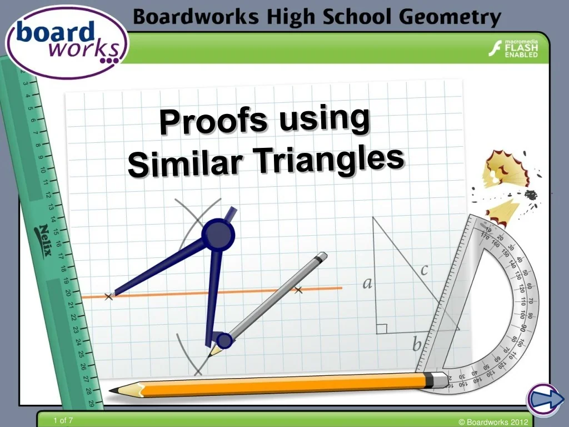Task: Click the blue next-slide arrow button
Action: click(542, 400)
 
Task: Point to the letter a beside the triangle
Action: click(367, 284)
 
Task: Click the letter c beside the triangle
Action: click(425, 270)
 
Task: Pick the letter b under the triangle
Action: click(417, 345)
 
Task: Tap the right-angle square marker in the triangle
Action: click(381, 329)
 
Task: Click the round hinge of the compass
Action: click(218, 235)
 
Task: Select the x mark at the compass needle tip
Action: click(108, 297)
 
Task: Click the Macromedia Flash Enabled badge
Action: click(513, 49)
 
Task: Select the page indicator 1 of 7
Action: click(63, 421)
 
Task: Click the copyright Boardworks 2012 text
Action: click(493, 422)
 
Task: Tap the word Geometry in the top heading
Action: click(456, 18)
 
